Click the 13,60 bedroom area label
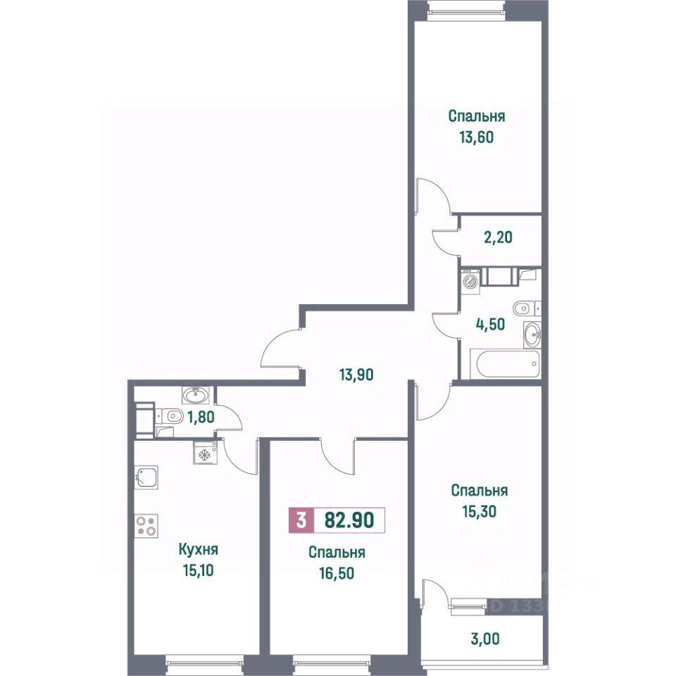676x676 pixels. [x=477, y=137]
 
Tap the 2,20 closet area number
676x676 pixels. [x=498, y=237]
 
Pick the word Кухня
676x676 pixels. [x=198, y=550]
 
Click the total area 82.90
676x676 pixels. [x=349, y=521]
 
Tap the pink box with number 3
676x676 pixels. [x=301, y=521]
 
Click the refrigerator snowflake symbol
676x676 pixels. [x=204, y=455]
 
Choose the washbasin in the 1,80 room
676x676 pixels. [x=192, y=395]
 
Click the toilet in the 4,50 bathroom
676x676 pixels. [x=525, y=308]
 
